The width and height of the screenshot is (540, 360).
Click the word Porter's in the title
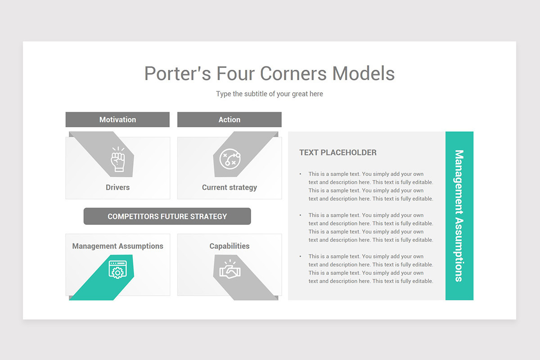177,73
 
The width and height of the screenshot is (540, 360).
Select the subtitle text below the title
270,94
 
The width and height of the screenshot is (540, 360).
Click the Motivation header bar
117,120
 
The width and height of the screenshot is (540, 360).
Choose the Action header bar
229,120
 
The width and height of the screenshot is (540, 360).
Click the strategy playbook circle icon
229,158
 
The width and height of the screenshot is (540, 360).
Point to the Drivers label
117,187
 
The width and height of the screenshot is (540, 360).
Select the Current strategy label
229,187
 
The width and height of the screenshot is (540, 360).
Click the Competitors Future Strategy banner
167,216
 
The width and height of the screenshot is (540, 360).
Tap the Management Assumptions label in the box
117,246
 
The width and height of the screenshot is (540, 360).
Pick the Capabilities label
229,246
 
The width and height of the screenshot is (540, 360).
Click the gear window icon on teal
117,270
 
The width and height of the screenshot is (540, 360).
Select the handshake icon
230,270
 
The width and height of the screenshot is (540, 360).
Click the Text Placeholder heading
338,153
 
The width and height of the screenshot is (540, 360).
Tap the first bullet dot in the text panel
301,174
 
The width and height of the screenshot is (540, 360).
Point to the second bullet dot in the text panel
301,216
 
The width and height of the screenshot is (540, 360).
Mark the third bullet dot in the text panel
301,256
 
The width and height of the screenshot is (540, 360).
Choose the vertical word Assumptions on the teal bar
459,250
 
